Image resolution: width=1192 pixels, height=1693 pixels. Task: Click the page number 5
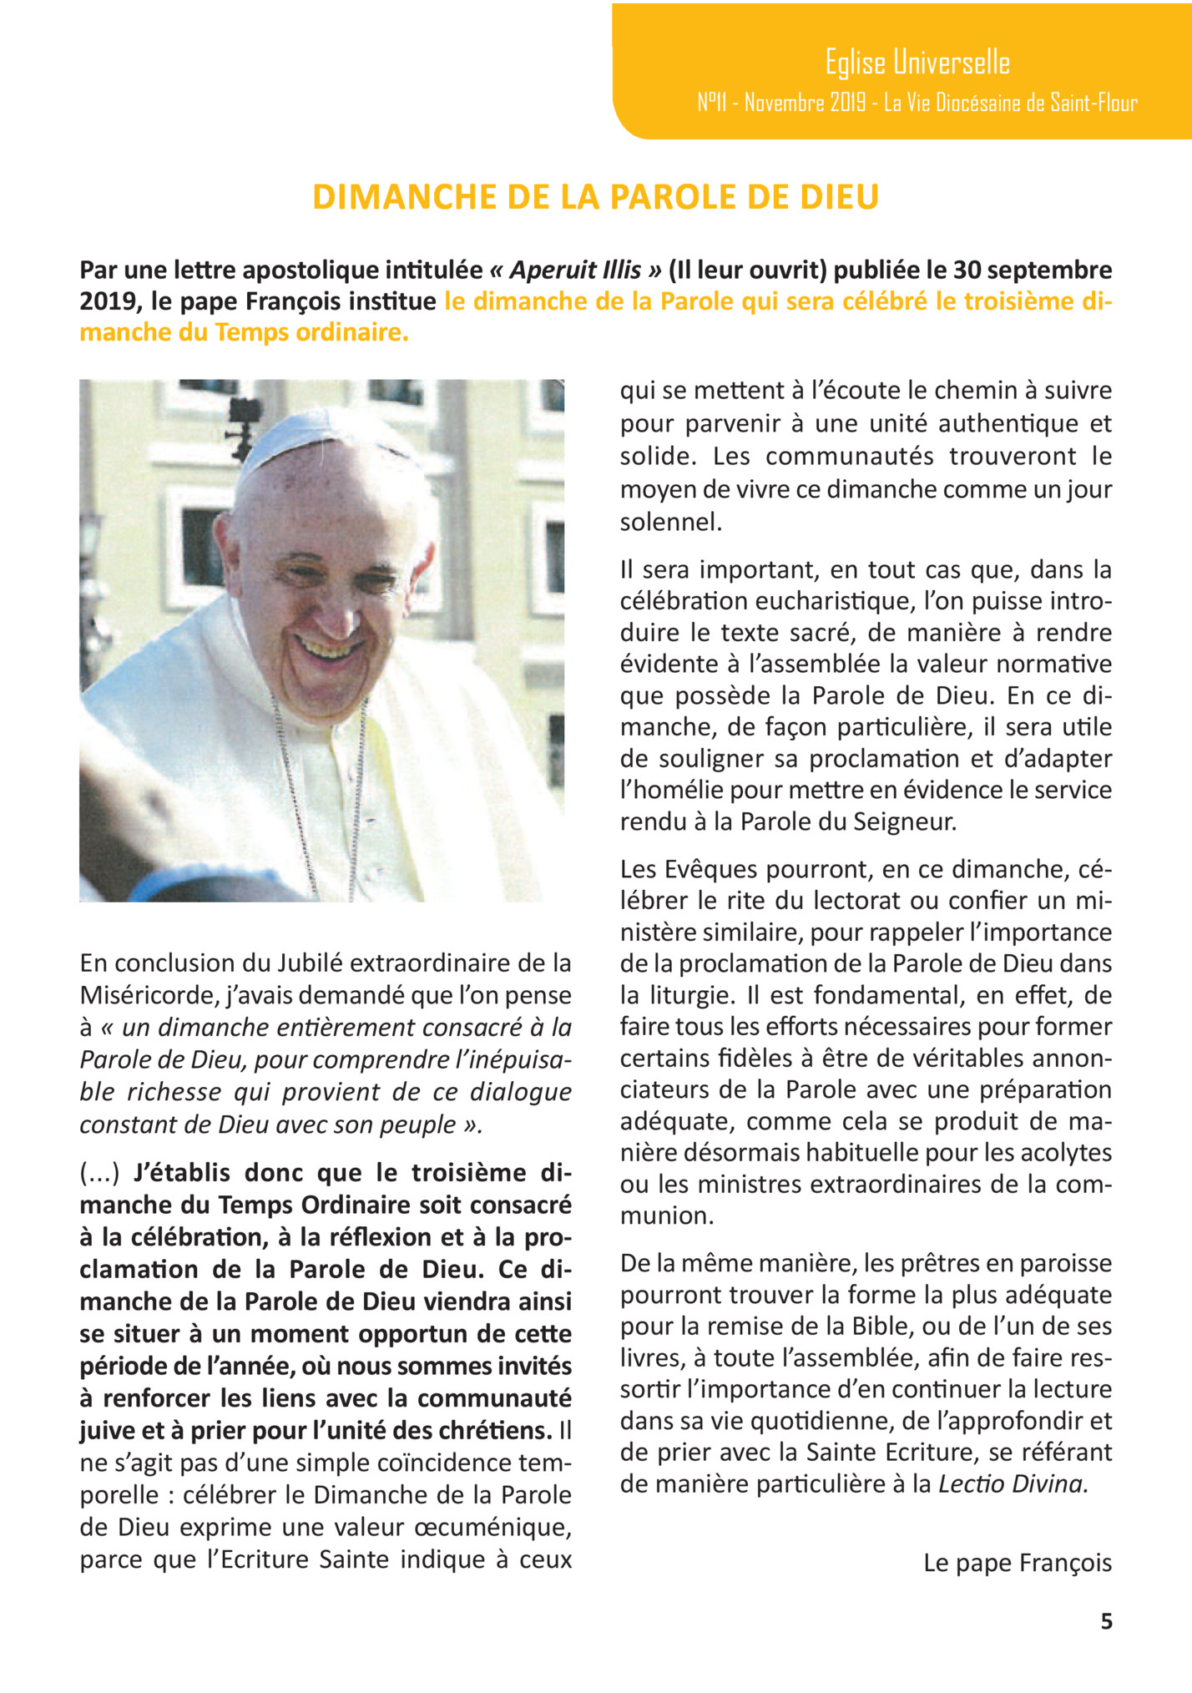point(1106,1621)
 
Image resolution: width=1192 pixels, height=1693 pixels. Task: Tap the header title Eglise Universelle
point(917,63)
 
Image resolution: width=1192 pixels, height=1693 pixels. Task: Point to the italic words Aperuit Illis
point(575,270)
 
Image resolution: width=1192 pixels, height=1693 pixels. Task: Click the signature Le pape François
point(1018,1563)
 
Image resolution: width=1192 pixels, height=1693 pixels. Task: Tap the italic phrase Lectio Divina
point(1013,1483)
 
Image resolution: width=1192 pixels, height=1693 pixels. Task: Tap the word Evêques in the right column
point(711,869)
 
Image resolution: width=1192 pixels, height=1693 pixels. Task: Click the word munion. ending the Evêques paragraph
point(667,1215)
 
